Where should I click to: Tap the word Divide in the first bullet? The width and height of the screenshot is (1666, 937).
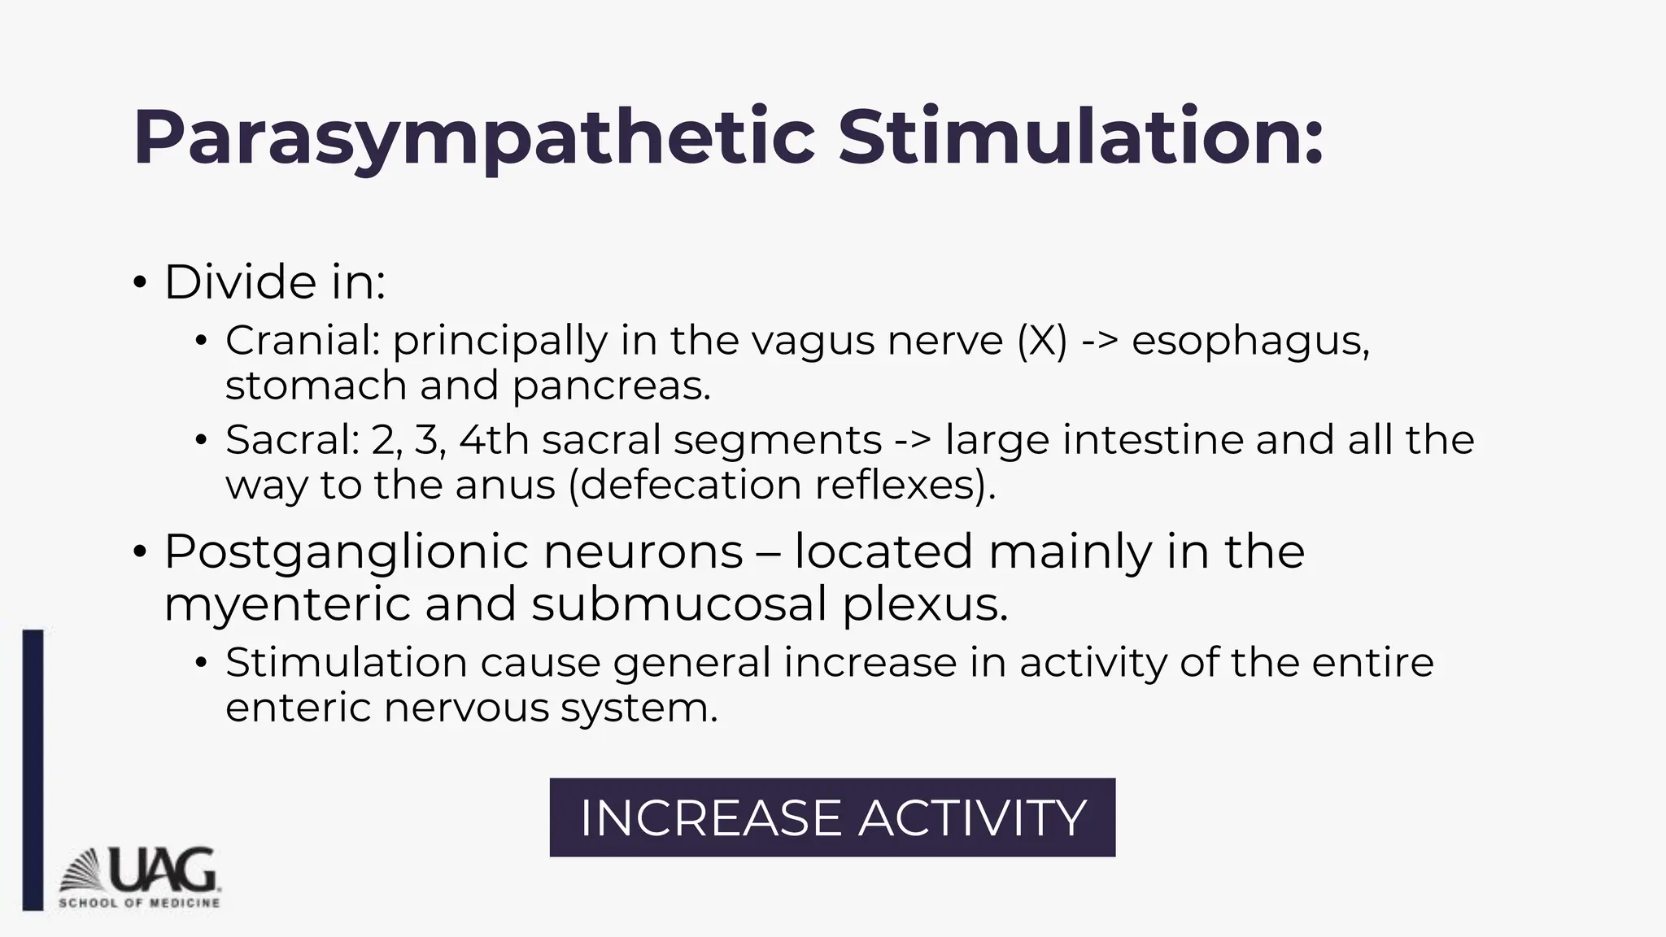229,282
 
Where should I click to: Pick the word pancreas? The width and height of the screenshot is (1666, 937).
611,386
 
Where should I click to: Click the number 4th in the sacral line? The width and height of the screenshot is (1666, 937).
494,440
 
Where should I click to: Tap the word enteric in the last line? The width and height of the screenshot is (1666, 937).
299,708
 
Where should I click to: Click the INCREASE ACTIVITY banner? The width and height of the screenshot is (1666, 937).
832,817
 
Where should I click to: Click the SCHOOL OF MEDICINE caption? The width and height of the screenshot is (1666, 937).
139,903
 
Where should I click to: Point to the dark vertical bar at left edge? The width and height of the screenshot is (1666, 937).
33,769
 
